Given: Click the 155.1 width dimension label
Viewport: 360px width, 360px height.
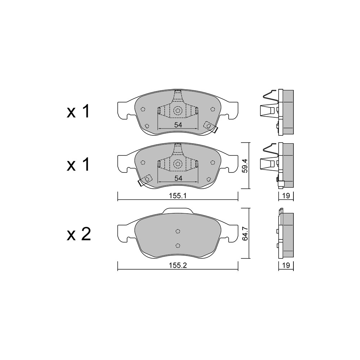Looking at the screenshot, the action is [x=178, y=196].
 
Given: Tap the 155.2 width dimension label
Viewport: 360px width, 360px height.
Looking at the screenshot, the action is [x=178, y=265].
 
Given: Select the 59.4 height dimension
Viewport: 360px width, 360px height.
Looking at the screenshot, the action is [x=246, y=166].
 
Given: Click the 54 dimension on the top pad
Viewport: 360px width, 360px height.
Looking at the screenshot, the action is [x=178, y=125].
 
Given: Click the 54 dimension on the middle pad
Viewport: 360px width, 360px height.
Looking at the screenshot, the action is [x=178, y=178].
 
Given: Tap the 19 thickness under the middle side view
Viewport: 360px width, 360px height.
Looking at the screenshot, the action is [x=286, y=196].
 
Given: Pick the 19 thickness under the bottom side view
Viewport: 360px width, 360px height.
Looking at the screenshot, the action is [x=286, y=265].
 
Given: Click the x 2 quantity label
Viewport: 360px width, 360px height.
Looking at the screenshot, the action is [x=78, y=234].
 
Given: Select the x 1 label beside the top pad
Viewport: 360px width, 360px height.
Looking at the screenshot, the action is [x=78, y=112].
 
